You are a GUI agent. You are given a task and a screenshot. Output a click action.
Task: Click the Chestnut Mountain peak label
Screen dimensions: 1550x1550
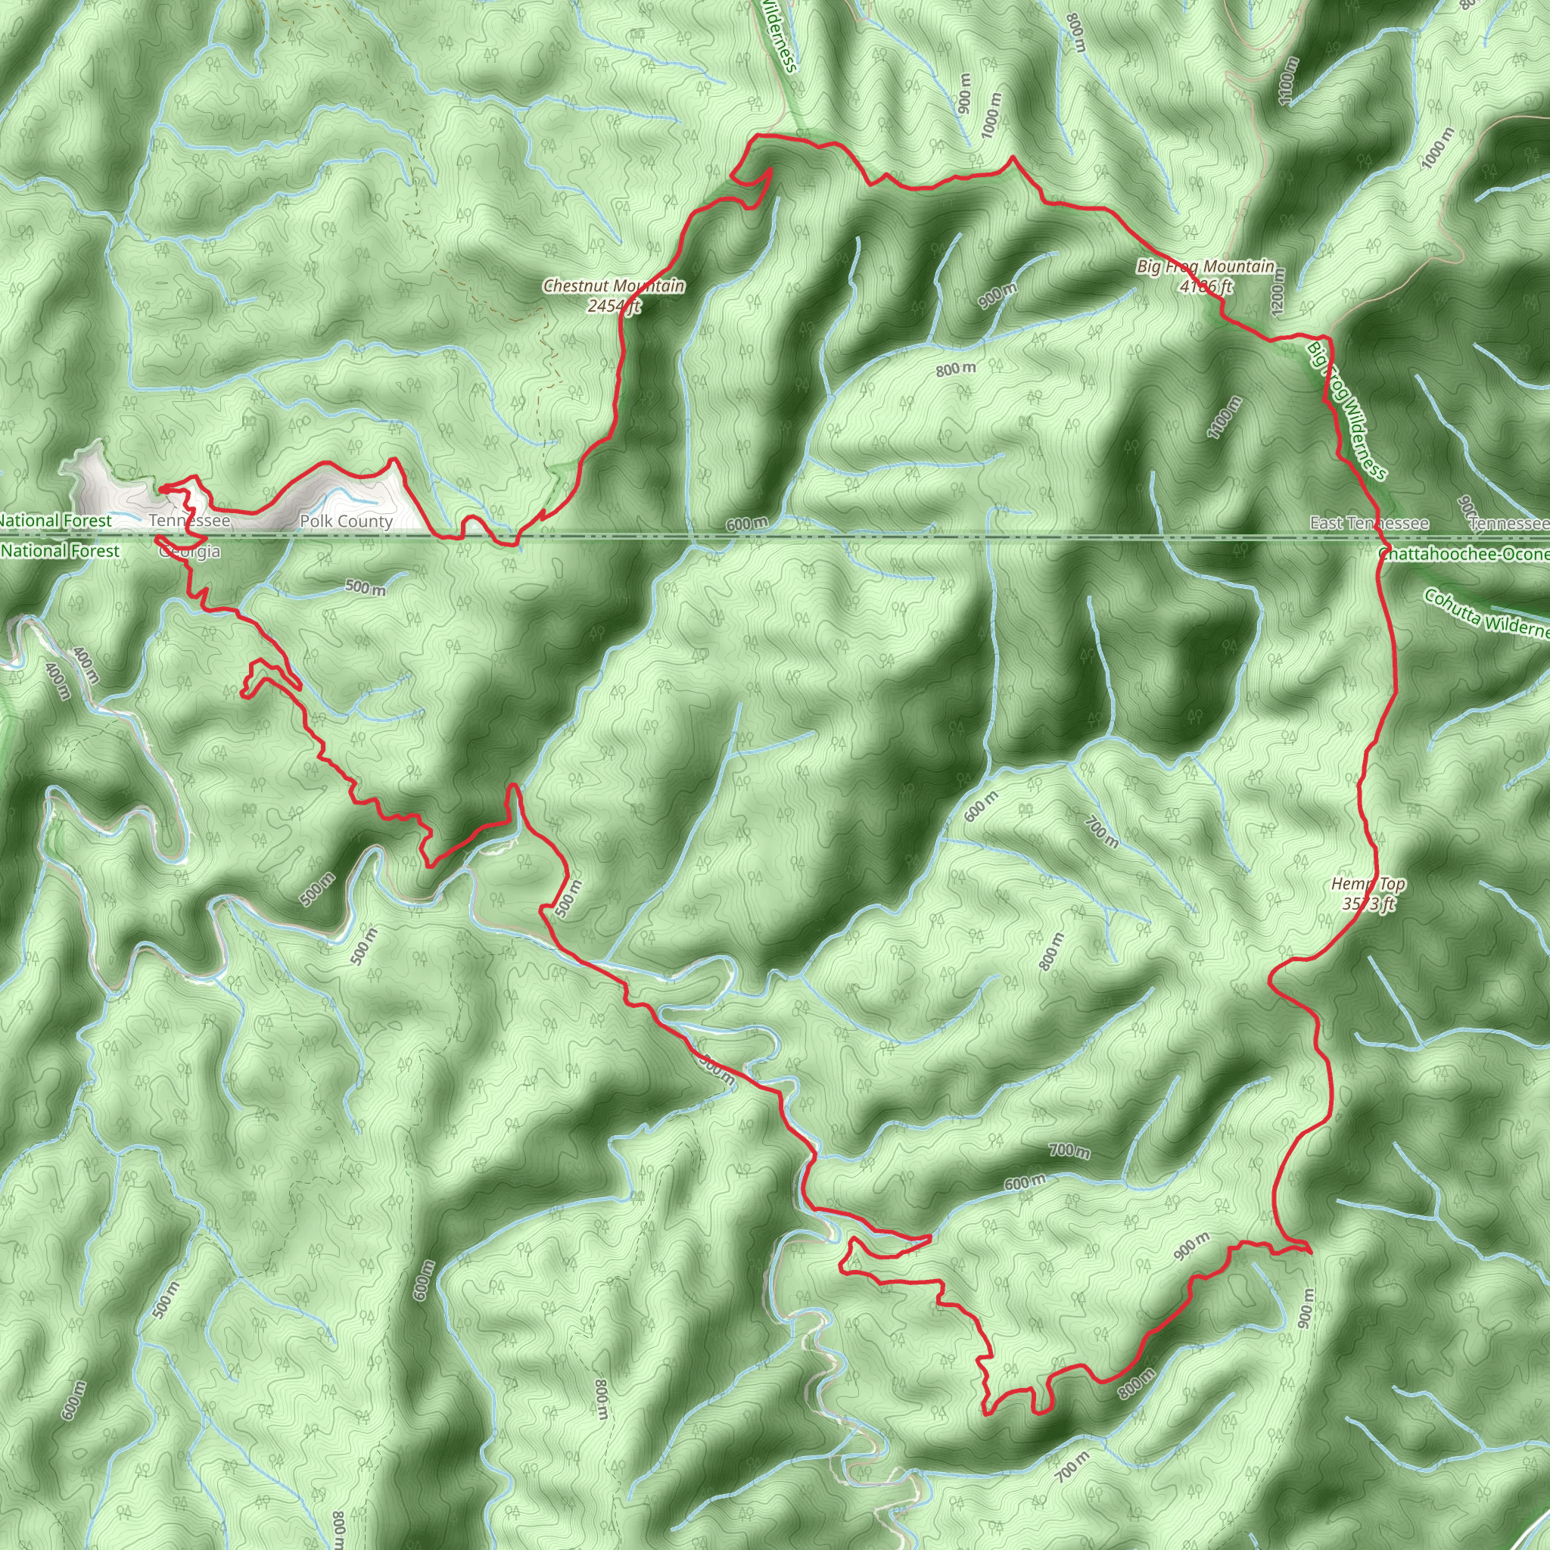[614, 286]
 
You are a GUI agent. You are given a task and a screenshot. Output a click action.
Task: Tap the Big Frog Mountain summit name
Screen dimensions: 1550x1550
[1205, 267]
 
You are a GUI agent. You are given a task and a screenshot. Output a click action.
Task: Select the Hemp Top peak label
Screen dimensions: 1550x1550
[1368, 884]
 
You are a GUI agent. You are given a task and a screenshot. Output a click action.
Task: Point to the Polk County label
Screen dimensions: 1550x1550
[346, 521]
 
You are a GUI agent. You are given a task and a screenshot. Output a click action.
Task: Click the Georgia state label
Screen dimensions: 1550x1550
[189, 552]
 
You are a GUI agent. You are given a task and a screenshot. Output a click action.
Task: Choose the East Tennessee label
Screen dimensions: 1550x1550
[1368, 523]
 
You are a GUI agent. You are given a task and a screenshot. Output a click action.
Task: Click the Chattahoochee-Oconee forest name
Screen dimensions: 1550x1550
[1464, 554]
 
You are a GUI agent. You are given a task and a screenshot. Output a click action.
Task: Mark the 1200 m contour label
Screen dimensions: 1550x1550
[1278, 290]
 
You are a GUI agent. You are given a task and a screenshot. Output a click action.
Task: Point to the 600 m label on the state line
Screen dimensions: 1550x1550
[747, 524]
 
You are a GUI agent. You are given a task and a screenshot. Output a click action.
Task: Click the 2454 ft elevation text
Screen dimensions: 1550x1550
[614, 306]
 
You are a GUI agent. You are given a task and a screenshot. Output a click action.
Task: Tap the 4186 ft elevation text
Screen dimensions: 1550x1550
[1206, 285]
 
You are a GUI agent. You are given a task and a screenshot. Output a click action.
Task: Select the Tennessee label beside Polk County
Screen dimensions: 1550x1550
[190, 521]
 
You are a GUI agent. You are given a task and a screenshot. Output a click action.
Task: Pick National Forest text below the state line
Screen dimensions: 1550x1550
[61, 551]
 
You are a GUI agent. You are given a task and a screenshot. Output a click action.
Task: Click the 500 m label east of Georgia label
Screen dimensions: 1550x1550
[365, 587]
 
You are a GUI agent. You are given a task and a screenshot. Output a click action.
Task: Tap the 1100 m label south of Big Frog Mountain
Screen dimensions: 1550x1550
[1225, 417]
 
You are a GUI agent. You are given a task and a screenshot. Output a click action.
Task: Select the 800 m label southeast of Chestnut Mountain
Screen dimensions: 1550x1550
[957, 369]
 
